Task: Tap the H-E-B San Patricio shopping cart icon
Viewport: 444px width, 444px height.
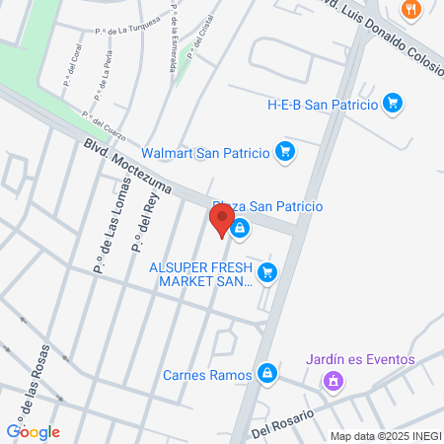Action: [393, 104]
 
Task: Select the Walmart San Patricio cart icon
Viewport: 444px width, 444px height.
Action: [285, 152]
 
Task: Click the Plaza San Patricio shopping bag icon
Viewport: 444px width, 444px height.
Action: [240, 229]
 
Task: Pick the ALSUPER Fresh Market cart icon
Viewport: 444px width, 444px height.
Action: [266, 273]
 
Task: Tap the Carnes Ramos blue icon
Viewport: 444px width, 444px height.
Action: [265, 374]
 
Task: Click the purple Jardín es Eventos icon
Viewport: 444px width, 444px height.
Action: [333, 380]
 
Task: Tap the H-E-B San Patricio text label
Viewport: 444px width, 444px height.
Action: [323, 104]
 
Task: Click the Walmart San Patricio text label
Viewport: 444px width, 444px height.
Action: [205, 152]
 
